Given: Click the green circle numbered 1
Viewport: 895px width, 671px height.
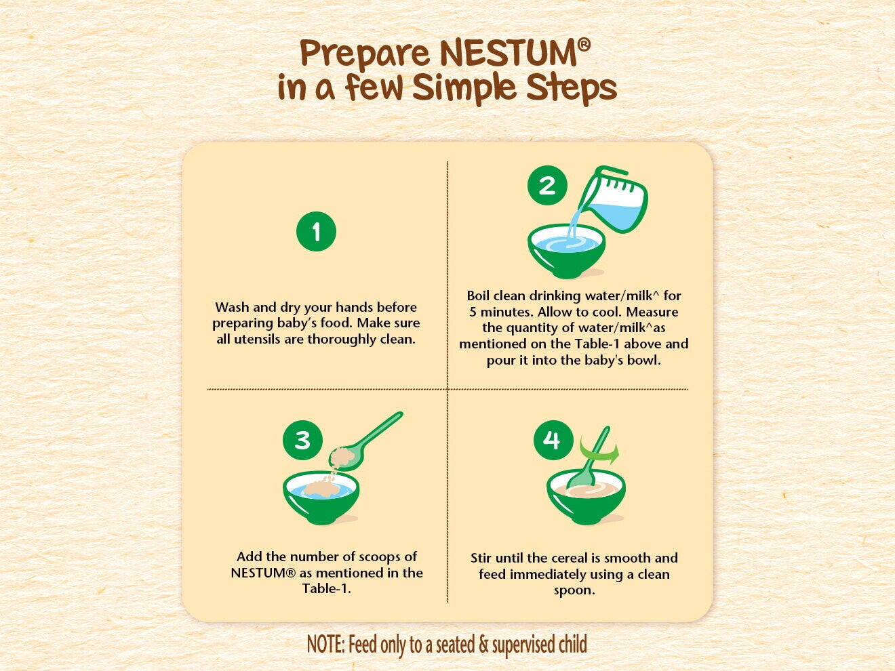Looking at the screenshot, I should click(x=316, y=232).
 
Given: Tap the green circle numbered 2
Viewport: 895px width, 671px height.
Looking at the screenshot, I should click(x=547, y=185).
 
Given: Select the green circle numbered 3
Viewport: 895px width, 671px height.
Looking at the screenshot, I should click(x=302, y=440).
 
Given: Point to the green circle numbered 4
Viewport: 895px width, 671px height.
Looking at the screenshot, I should click(x=553, y=440).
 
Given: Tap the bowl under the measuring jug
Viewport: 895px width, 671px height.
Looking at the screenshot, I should click(x=566, y=251).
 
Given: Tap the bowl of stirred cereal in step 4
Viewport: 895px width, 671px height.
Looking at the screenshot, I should click(x=586, y=498).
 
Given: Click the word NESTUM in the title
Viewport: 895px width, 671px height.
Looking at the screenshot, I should click(x=507, y=53).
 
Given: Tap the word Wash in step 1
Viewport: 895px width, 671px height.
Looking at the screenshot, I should click(x=232, y=307).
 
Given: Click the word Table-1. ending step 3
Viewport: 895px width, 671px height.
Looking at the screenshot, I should click(x=326, y=588).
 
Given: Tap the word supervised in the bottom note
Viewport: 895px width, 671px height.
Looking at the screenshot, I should click(x=530, y=645).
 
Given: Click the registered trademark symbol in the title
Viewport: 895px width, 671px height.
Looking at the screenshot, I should click(x=584, y=44).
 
